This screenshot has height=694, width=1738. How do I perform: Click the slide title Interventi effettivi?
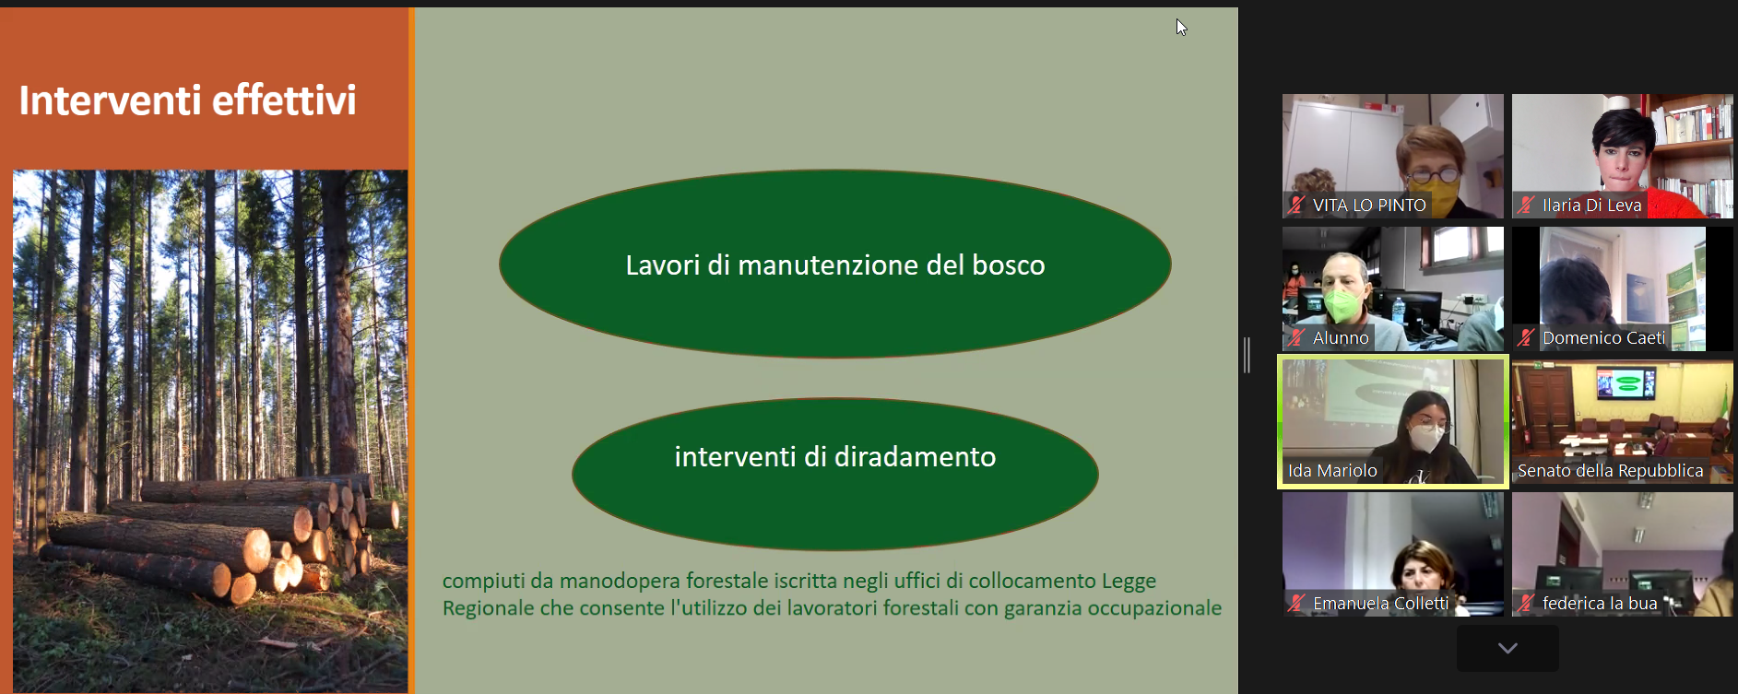click(187, 100)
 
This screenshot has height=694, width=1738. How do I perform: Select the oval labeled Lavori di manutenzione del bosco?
click(835, 264)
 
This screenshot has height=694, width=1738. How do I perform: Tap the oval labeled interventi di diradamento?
click(835, 474)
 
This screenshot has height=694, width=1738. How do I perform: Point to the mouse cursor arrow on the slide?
click(1181, 28)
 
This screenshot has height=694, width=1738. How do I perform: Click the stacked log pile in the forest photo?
click(221, 535)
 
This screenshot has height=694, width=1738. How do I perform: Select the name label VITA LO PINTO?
click(1369, 206)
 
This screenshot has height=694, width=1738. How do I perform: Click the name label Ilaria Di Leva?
click(1592, 206)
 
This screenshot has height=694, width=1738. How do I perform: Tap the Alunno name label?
click(1341, 338)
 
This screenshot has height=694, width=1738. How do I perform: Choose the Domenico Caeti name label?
click(1604, 338)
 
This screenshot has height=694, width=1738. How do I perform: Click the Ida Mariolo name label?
click(1332, 471)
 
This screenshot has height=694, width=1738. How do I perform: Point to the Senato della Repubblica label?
click(1610, 471)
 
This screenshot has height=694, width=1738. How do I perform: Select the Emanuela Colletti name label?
click(1381, 604)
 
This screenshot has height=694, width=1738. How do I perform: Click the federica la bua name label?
click(1600, 604)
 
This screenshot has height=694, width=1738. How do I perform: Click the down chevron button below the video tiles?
click(1507, 648)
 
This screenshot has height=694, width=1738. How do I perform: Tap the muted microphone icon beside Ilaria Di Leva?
click(1526, 206)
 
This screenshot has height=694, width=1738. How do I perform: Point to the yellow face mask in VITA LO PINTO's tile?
click(1432, 194)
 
